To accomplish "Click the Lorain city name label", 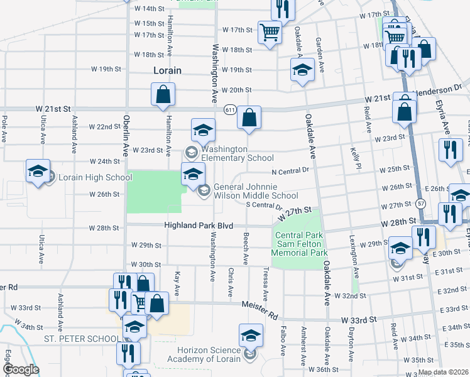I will point(167,70).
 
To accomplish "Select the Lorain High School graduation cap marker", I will point(38,170).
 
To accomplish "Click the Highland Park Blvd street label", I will point(199,225).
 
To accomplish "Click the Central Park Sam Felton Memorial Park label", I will point(300,244).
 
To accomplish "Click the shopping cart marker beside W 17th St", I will point(270,31).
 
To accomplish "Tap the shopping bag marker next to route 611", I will point(249,117).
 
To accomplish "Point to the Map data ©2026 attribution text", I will point(442,372).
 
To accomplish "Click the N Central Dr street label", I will point(290,170).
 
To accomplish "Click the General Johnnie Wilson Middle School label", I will point(255,191).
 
